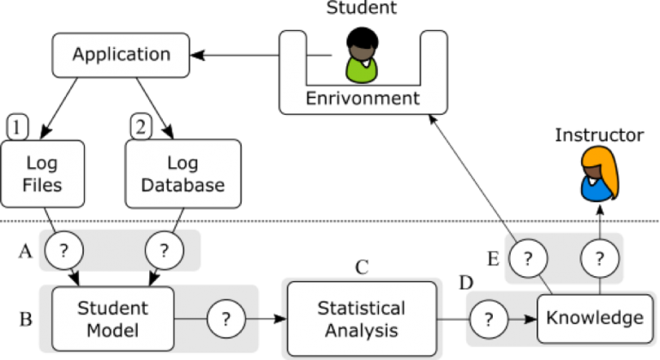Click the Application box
[121, 55]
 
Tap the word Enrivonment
[363, 98]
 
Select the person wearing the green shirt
[362, 61]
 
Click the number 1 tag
[17, 128]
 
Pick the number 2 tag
[141, 128]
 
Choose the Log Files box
[42, 174]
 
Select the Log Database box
[183, 174]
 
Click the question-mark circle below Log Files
[63, 251]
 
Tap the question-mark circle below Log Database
[164, 251]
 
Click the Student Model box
[112, 319]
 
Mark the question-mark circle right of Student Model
[225, 319]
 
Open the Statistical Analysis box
[361, 319]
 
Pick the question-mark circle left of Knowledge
[489, 319]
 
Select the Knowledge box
[594, 319]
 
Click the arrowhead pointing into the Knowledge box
[531, 319]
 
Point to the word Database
[183, 185]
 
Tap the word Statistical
[361, 309]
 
